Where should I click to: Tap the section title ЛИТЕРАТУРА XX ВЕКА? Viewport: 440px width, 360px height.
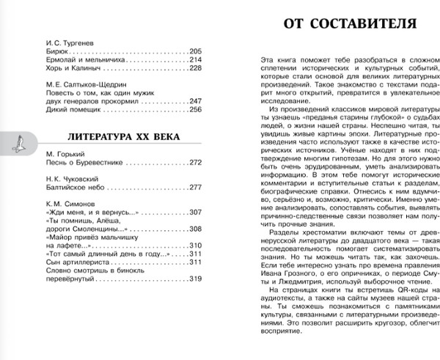click(108, 136)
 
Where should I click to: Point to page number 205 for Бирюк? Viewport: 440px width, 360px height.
click(194, 51)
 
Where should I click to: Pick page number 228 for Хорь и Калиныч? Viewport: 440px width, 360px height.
click(194, 68)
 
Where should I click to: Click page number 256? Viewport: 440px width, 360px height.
click(194, 110)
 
